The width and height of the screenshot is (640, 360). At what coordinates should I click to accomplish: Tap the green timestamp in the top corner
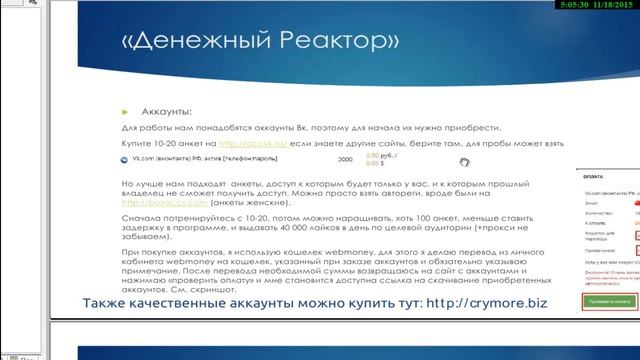599,6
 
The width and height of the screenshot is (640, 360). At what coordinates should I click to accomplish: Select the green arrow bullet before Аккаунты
125,113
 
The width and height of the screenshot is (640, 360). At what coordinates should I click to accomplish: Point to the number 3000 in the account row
345,160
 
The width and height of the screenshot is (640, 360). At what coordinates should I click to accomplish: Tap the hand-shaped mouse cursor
464,162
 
